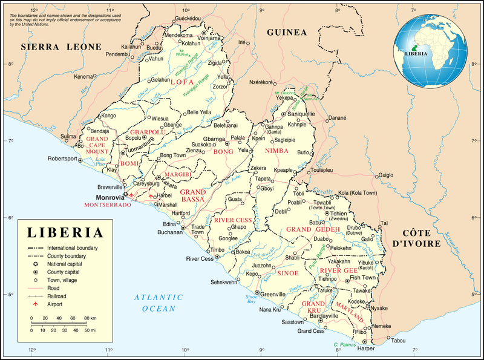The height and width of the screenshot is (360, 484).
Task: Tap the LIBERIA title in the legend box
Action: [64, 233]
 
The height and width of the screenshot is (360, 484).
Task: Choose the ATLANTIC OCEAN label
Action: [159, 303]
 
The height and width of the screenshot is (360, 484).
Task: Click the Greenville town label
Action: [273, 294]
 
